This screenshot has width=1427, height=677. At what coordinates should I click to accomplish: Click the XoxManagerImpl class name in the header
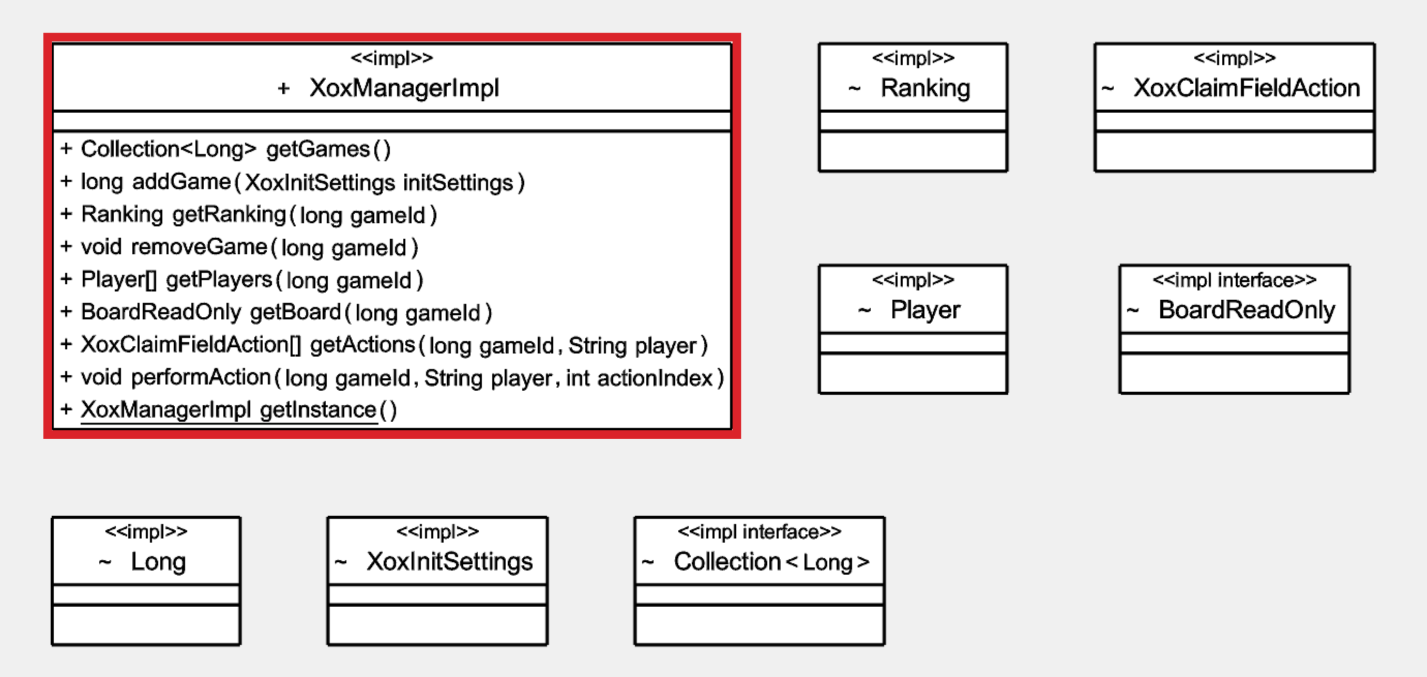[404, 88]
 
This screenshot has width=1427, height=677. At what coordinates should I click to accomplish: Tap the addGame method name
[181, 182]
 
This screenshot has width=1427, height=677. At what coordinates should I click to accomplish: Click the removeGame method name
[200, 248]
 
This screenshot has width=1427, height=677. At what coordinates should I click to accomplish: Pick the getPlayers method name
[219, 280]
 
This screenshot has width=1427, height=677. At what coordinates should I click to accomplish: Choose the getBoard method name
[295, 313]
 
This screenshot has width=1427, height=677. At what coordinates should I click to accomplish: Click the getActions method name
[362, 345]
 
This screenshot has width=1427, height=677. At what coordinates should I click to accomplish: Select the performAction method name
[201, 378]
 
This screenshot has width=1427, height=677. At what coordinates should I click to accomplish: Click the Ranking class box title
[925, 88]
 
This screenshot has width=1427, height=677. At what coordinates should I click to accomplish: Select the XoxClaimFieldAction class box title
[1247, 88]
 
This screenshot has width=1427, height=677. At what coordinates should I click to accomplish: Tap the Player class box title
[925, 310]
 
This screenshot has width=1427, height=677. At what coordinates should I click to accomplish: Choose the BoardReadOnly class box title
[1247, 310]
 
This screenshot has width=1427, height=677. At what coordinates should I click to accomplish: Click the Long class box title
[158, 562]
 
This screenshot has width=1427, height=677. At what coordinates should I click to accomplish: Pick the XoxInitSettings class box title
[449, 562]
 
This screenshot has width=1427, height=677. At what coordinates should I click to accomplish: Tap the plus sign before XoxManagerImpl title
[284, 88]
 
